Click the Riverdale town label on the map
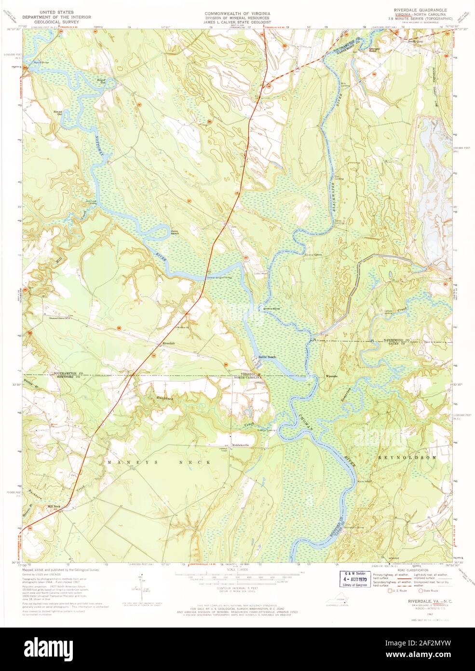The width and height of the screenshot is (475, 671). [169, 343]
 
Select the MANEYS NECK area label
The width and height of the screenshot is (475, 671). [159, 462]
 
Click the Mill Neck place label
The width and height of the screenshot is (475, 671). [54, 506]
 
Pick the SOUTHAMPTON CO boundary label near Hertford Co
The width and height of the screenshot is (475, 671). [68, 374]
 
